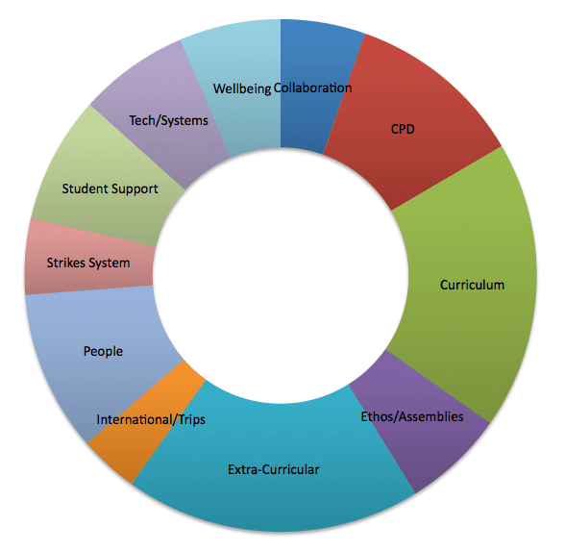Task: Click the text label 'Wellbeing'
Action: coord(242,88)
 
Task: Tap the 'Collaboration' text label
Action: coord(313,88)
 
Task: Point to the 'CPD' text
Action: coord(403,128)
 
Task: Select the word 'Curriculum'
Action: coord(472,285)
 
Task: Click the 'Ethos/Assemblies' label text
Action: coord(412,416)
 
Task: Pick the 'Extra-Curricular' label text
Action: coord(274,469)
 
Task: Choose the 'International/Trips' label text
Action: coord(151,419)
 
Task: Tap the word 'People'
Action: coord(103,351)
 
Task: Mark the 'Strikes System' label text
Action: coord(88,263)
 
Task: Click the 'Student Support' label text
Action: coord(111,188)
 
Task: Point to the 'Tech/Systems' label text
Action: coord(169,120)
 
